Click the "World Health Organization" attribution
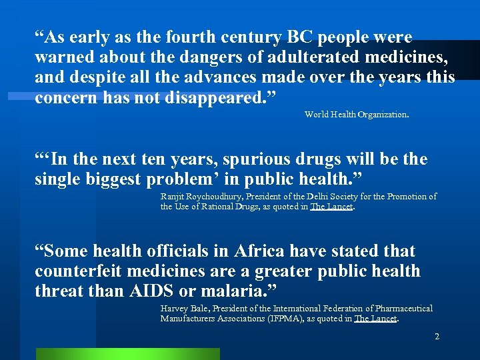click(356, 115)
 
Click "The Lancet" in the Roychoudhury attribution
click(332, 207)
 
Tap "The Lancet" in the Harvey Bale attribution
click(375, 319)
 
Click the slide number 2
click(437, 337)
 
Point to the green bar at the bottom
click(127, 354)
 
